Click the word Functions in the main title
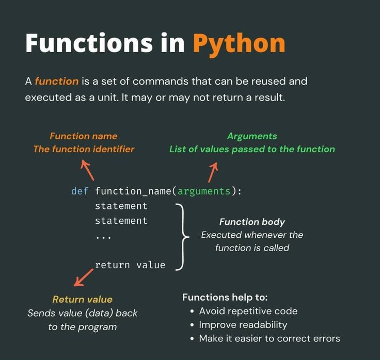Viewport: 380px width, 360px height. (89, 43)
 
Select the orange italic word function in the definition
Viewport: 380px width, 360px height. (57, 81)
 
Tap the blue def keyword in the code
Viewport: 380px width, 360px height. (80, 191)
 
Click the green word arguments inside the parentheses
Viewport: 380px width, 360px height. (204, 191)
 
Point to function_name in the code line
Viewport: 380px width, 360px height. (133, 191)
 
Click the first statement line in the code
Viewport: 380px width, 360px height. (121, 206)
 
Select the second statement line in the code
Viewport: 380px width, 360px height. (121, 221)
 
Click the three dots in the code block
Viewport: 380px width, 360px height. (103, 238)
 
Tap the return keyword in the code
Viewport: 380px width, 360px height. (113, 265)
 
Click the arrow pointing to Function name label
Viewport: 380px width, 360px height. (87, 170)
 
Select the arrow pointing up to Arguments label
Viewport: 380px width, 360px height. (213, 172)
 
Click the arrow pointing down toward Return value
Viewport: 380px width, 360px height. (83, 277)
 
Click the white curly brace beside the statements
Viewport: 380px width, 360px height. (182, 237)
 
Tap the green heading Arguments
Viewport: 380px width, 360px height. (252, 136)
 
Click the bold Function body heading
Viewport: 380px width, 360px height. (252, 222)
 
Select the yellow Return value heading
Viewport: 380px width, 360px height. (83, 300)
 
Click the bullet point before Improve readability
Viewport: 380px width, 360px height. (192, 325)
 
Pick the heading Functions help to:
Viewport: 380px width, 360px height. (225, 297)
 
